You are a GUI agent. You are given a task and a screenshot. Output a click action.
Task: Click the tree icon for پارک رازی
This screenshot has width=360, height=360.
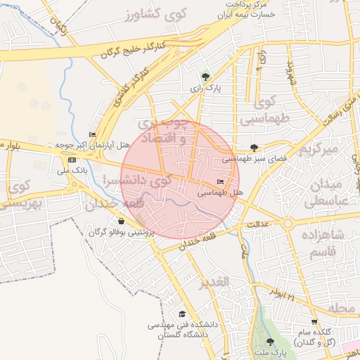pyautogui.click(x=205, y=77)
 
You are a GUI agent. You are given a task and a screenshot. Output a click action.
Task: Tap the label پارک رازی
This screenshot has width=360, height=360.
pyautogui.click(x=205, y=89)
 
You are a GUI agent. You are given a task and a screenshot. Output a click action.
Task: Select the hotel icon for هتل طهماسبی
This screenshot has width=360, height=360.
pyautogui.click(x=221, y=181)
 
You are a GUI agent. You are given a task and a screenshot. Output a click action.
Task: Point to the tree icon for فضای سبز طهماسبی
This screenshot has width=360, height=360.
pyautogui.click(x=254, y=148)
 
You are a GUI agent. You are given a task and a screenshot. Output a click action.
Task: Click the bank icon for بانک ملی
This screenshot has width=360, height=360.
pyautogui.click(x=72, y=160)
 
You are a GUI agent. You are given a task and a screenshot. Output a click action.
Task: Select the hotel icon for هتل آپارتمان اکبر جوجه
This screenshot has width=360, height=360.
pyautogui.click(x=92, y=134)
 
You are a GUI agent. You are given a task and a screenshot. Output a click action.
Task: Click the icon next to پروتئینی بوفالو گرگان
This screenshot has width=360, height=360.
pyautogui.click(x=122, y=221)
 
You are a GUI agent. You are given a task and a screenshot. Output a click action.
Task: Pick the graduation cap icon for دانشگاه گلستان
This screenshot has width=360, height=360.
pyautogui.click(x=182, y=314)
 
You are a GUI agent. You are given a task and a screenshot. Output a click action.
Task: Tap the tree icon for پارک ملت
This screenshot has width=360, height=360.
pyautogui.click(x=270, y=342)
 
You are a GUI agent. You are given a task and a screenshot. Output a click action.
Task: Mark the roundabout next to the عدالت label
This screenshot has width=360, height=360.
pyautogui.click(x=288, y=224)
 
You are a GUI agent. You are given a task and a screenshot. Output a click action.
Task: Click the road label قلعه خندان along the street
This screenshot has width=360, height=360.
pyautogui.click(x=199, y=241)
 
